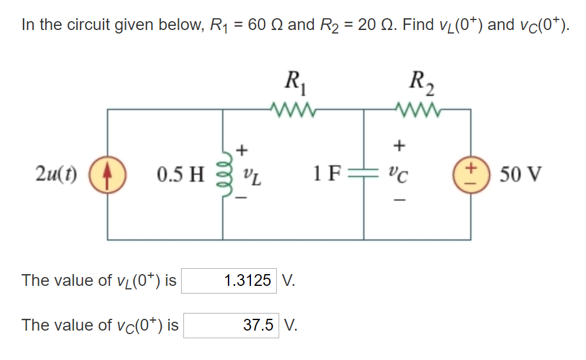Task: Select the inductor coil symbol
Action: pos(223,175)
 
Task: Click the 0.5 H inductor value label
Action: pos(180,175)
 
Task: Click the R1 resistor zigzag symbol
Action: pos(292,109)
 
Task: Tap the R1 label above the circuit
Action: pos(292,81)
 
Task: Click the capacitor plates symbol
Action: pos(363,175)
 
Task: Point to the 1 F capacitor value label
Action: pos(326,175)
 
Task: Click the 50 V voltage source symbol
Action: pos(471,175)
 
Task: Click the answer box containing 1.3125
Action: pos(229,281)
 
